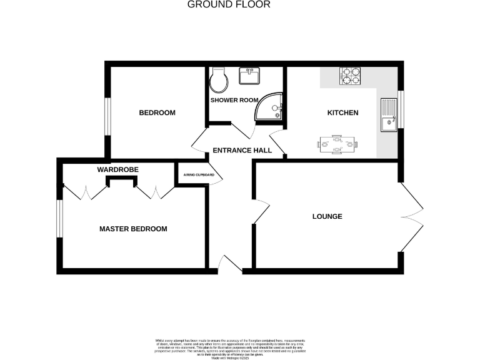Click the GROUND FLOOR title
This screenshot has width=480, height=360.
click(229, 4)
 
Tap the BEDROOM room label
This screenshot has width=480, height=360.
click(157, 113)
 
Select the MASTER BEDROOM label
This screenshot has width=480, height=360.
click(133, 229)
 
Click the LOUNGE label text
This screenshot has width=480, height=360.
click(327, 217)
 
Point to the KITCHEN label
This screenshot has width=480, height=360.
click(343, 113)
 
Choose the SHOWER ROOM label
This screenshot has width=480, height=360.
click(234, 100)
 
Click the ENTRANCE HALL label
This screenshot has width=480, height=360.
click(242, 151)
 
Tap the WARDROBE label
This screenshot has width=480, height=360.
click(117, 169)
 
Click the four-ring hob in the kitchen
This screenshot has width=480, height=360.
click(350, 76)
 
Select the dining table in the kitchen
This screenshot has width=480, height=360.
click(337, 144)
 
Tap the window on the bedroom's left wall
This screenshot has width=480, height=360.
click(107, 116)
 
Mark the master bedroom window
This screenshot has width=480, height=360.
click(59, 219)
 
